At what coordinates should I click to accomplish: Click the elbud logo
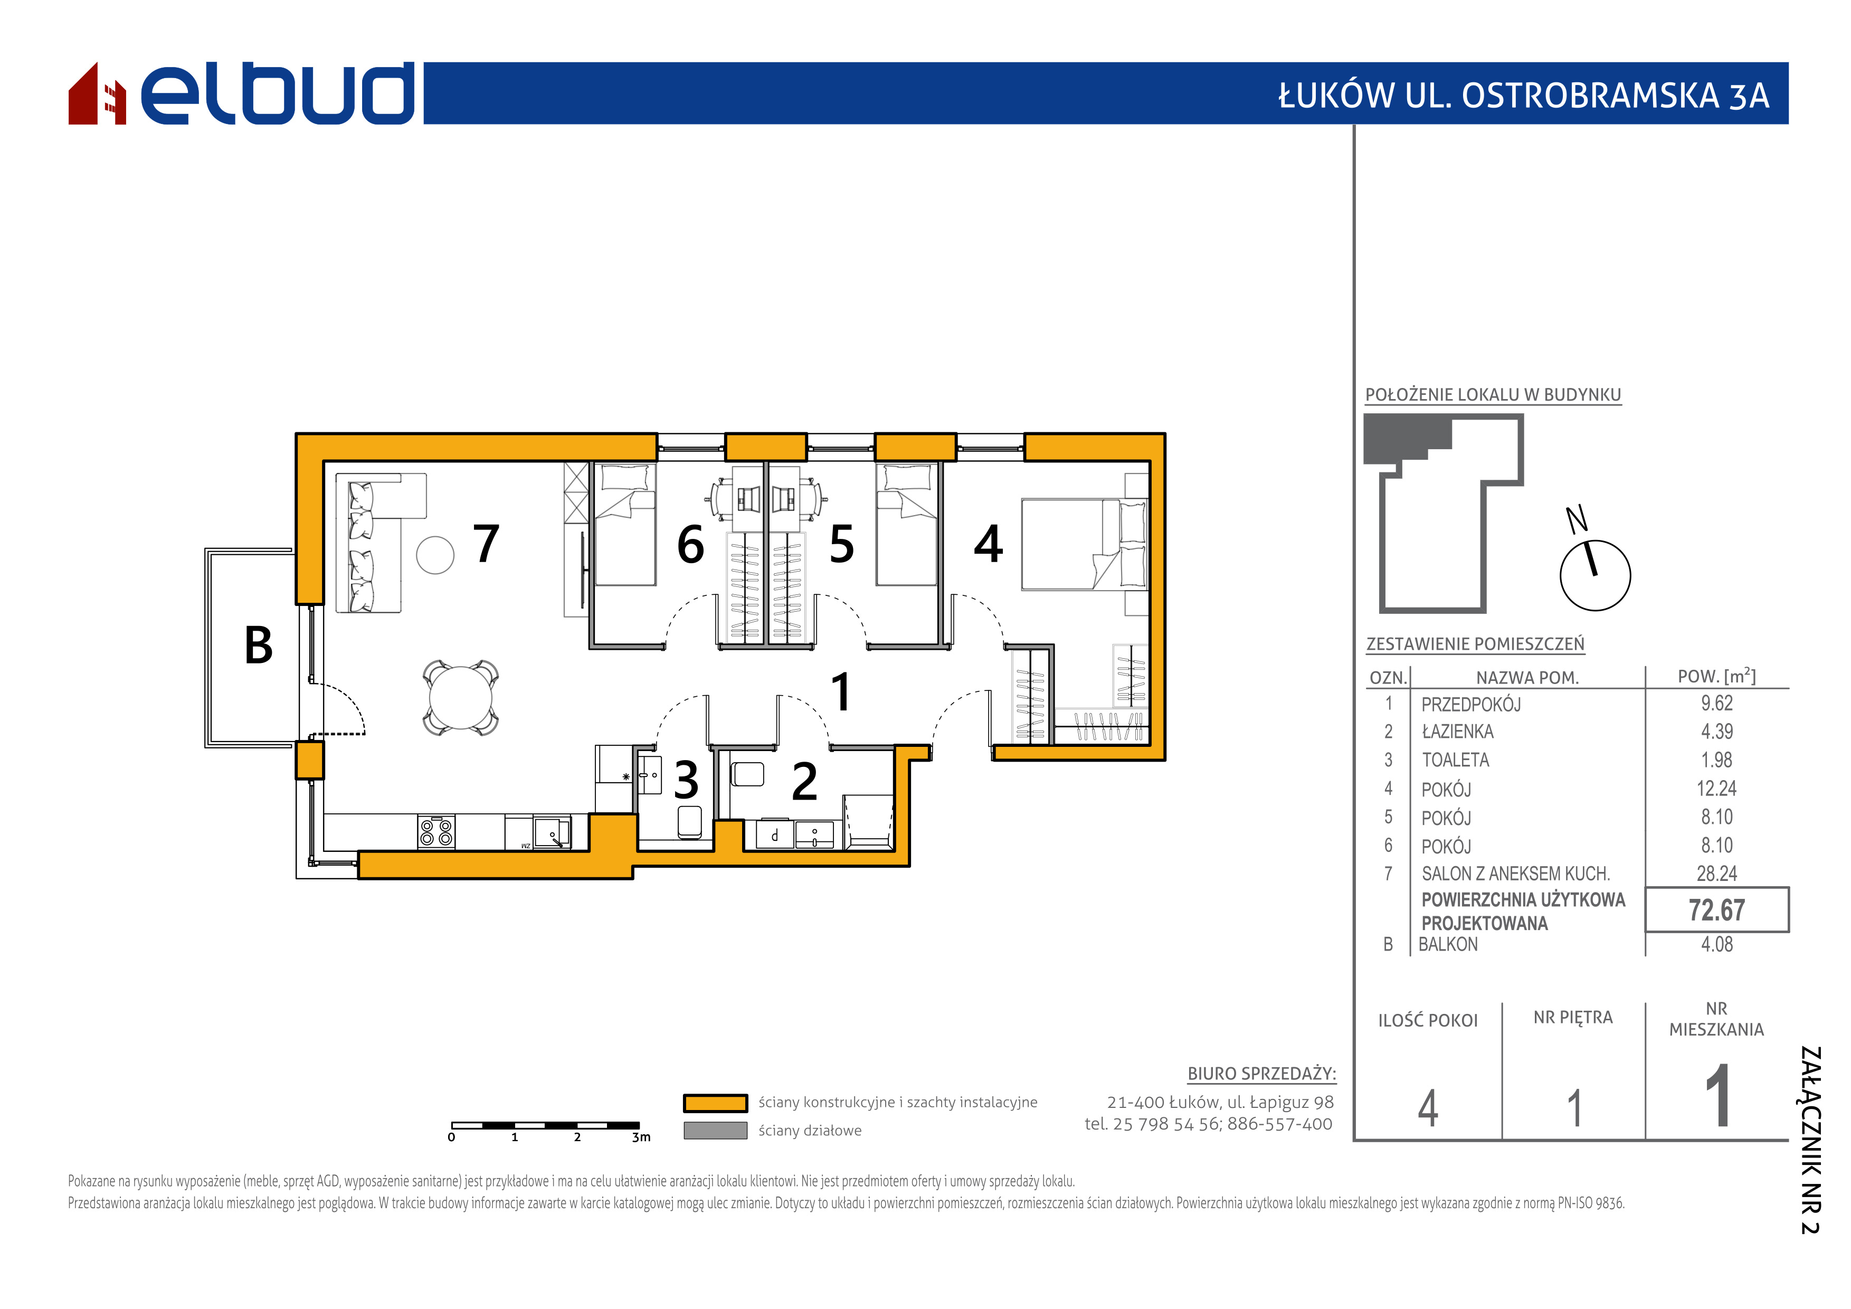tap(241, 93)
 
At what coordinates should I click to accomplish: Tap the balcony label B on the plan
tap(259, 646)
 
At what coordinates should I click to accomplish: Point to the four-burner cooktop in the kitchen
tap(436, 832)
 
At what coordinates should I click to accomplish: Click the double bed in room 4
tap(1084, 544)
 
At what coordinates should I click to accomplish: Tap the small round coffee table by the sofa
tap(435, 555)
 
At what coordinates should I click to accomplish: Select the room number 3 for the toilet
tap(686, 780)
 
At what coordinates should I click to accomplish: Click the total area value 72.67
tap(1716, 910)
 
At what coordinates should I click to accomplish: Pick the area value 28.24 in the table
tap(1716, 874)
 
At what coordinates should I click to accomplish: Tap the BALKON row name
tap(1448, 945)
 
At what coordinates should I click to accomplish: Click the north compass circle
tap(1596, 575)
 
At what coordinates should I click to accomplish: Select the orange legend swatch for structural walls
tap(715, 1103)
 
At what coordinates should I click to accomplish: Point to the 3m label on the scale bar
tap(641, 1137)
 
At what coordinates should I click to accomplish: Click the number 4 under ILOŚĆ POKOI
tap(1428, 1108)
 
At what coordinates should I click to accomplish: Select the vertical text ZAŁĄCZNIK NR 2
tap(1811, 1141)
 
